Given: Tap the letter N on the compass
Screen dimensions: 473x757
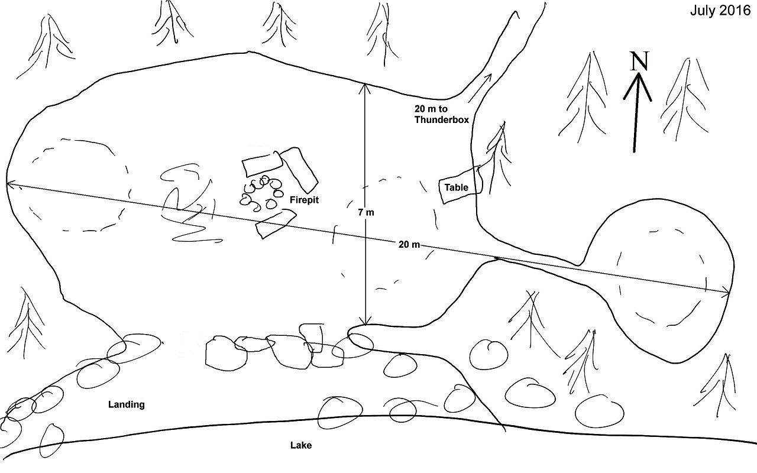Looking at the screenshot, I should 638,61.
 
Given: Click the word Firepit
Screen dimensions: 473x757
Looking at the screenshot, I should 304,200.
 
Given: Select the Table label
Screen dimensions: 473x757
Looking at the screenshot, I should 457,188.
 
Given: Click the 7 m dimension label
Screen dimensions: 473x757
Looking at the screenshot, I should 365,212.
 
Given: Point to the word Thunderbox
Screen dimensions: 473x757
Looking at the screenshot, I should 441,119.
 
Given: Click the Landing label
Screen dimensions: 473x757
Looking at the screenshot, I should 126,405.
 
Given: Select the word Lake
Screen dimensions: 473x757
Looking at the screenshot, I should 300,446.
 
